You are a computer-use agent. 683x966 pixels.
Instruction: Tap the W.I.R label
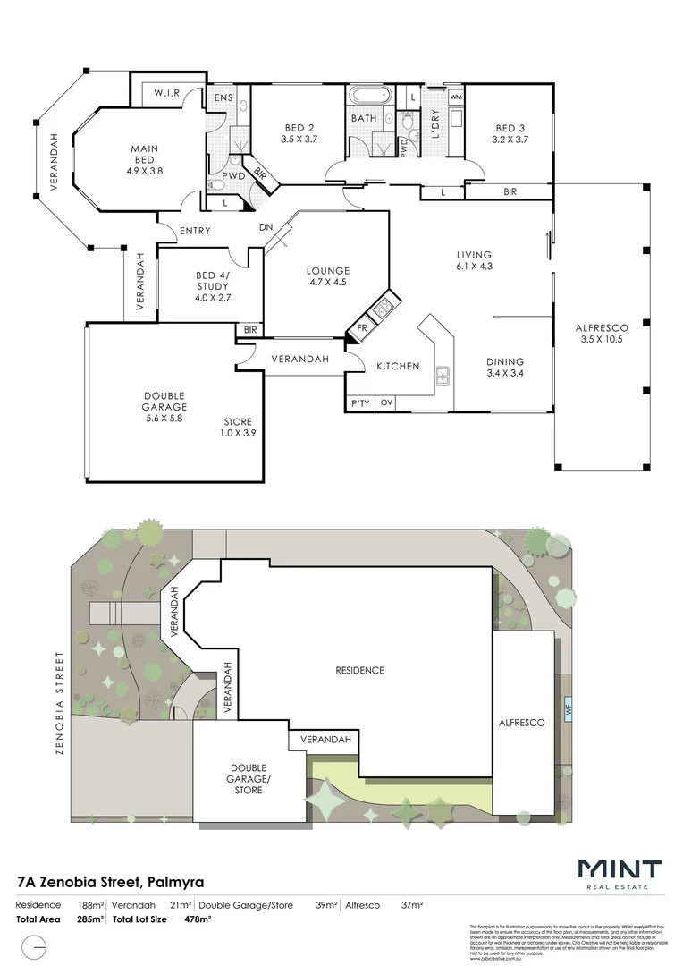pos(167,93)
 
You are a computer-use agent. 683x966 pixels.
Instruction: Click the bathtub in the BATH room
pos(367,95)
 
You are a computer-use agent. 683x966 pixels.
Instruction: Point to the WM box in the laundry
pos(455,96)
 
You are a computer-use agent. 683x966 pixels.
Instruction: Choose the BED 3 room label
pos(510,133)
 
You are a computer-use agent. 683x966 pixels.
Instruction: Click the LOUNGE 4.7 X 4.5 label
pos(327,276)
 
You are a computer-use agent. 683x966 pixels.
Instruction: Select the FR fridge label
pos(362,328)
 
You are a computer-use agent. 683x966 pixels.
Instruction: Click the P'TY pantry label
pos(360,404)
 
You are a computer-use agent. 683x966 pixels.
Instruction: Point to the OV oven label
pos(386,404)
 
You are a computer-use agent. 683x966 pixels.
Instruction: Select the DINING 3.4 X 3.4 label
pos(504,368)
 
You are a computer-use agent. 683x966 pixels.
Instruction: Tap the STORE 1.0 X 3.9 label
pos(238,428)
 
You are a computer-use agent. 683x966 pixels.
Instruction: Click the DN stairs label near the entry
pos(266,227)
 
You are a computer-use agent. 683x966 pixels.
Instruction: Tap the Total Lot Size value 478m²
pos(198,919)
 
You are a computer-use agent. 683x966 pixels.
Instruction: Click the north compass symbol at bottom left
pos(35,946)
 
